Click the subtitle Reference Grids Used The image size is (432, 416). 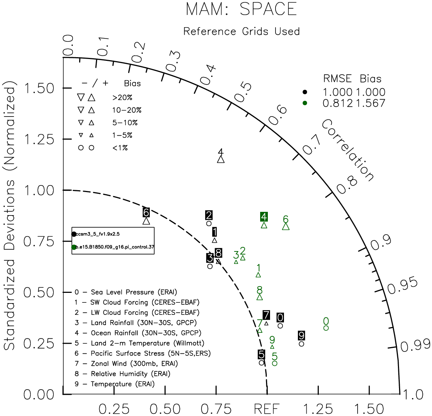241,32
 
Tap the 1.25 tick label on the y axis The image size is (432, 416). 39,139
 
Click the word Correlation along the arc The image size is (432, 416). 348,150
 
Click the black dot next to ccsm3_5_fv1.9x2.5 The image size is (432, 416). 74,234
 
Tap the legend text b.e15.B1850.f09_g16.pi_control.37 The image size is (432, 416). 115,247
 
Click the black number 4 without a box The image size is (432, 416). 221,152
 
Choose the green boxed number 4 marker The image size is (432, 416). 264,217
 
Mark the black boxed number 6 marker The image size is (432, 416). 146,212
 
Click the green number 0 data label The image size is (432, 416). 326,321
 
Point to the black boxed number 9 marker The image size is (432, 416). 302,335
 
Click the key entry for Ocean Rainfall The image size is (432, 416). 138,333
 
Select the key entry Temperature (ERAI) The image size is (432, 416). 115,384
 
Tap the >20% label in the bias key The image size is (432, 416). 122,97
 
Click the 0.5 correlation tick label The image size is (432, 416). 243,92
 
